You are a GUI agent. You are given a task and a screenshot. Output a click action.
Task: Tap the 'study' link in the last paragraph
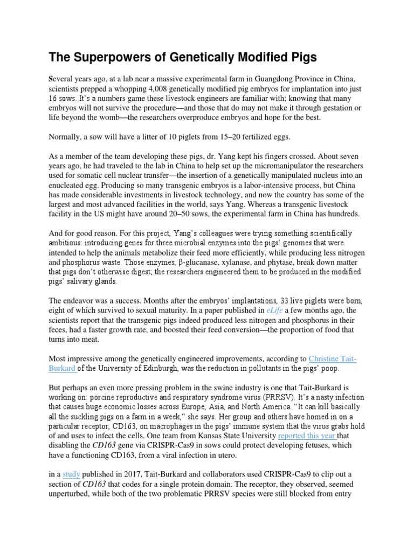click(71, 474)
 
